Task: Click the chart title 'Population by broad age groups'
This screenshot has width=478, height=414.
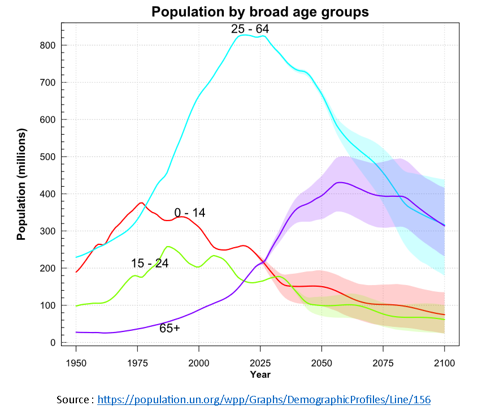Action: [259, 12]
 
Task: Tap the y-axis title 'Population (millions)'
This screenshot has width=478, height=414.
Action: [21, 184]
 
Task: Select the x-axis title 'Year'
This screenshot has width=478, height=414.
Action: [260, 374]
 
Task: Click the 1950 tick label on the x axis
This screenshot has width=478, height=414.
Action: [76, 363]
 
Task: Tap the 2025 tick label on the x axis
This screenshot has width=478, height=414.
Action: [260, 363]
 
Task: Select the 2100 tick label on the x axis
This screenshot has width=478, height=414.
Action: [444, 363]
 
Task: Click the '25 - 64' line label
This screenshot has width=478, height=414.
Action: [250, 29]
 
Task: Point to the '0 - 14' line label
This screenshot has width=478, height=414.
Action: [190, 213]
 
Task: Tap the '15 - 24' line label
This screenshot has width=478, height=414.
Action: [150, 264]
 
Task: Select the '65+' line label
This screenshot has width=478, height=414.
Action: [170, 328]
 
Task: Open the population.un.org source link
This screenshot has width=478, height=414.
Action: [264, 399]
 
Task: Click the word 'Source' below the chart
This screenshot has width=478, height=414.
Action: [72, 399]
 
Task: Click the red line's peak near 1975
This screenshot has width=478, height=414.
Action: [141, 202]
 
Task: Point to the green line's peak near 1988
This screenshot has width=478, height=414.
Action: [168, 247]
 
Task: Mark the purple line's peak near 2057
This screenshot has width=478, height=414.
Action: [338, 182]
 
